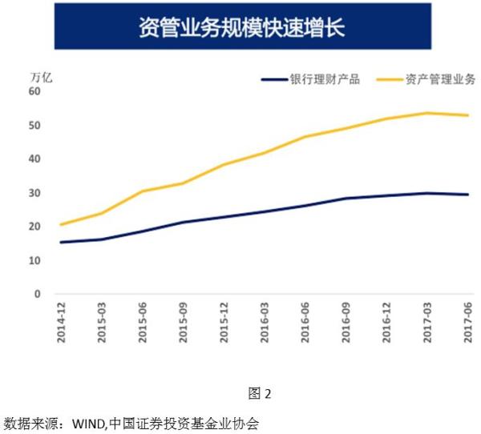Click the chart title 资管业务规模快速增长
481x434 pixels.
tap(240, 26)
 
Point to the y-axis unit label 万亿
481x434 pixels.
tap(41, 78)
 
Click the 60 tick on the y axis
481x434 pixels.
tap(35, 91)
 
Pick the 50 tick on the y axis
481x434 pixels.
tap(35, 126)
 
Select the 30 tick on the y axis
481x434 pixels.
tap(35, 193)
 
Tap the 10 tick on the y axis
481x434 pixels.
tap(35, 261)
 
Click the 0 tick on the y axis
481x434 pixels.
tap(38, 295)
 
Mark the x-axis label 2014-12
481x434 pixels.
tap(61, 323)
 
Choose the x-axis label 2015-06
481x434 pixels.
tap(142, 323)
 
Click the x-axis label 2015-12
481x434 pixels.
tap(223, 323)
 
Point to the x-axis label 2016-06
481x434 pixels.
tap(305, 323)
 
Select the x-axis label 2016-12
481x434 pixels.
tap(386, 323)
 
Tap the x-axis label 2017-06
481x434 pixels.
tap(467, 323)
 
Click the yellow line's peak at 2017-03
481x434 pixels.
tap(426, 113)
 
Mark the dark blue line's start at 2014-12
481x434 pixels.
tap(61, 242)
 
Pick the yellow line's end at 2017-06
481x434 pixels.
tap(467, 115)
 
